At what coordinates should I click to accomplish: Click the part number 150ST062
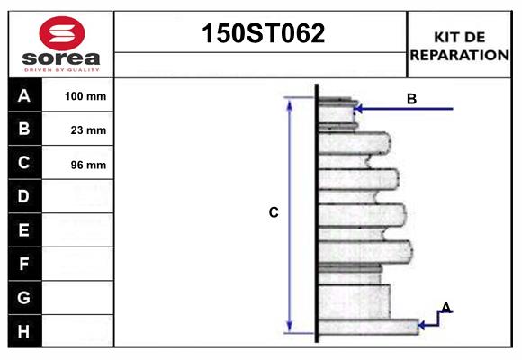(261, 34)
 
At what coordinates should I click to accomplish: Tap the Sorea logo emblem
(61, 33)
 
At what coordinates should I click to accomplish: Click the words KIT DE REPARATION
(459, 46)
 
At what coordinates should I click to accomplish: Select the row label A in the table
(24, 96)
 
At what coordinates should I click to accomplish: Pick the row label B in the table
(24, 130)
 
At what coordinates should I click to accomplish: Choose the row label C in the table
(24, 164)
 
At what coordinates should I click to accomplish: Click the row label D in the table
(24, 196)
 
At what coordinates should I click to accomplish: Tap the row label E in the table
(24, 230)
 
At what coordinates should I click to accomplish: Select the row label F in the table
(24, 264)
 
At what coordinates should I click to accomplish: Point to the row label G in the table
(24, 297)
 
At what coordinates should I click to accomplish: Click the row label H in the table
(24, 331)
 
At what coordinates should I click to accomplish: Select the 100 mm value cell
(85, 96)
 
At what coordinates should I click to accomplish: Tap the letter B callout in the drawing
(411, 99)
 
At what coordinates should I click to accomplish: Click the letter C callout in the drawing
(274, 213)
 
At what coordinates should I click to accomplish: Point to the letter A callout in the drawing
(445, 308)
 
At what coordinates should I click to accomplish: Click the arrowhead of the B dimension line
(358, 109)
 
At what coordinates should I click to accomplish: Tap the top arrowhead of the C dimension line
(290, 103)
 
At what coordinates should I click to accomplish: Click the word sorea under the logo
(61, 58)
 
